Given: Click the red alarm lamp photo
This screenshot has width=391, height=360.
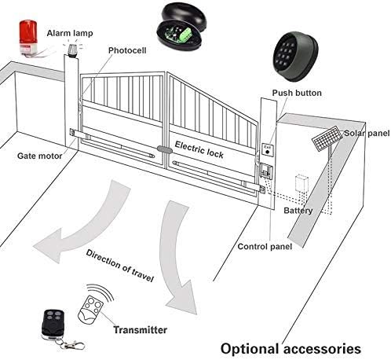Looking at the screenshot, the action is coord(28,37).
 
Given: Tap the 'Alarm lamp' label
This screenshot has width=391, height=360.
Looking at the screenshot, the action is coord(70,33).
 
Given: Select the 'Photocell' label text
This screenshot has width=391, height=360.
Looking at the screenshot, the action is coord(127,50).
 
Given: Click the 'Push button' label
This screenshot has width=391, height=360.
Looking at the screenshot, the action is coord(297,93).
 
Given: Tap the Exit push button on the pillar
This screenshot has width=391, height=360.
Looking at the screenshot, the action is coord(268,150).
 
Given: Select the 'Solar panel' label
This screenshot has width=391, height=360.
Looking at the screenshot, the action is coord(367,133).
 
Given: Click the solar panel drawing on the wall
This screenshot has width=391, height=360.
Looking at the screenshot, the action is coord(327,139).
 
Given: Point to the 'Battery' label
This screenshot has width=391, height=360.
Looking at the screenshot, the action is coord(298,211).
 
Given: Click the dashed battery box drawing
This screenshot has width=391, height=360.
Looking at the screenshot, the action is coord(301,184).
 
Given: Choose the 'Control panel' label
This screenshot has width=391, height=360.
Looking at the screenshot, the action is coord(265,247).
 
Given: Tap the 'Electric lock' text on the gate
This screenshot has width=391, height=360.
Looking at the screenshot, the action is coord(199,149).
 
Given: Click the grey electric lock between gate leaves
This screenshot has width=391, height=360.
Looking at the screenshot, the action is coord(165,150).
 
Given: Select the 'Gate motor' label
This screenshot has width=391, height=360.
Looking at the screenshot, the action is coord(40,156).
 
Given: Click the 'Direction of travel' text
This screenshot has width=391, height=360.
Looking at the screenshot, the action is coord(120,266).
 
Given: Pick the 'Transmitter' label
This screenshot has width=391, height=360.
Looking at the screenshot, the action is coord(140,329).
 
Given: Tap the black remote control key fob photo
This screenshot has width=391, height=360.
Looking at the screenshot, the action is coord(53,325).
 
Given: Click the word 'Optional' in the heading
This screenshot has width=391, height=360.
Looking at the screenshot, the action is coord(250,349).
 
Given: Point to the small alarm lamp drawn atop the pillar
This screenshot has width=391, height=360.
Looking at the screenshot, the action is coord(71,50).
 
